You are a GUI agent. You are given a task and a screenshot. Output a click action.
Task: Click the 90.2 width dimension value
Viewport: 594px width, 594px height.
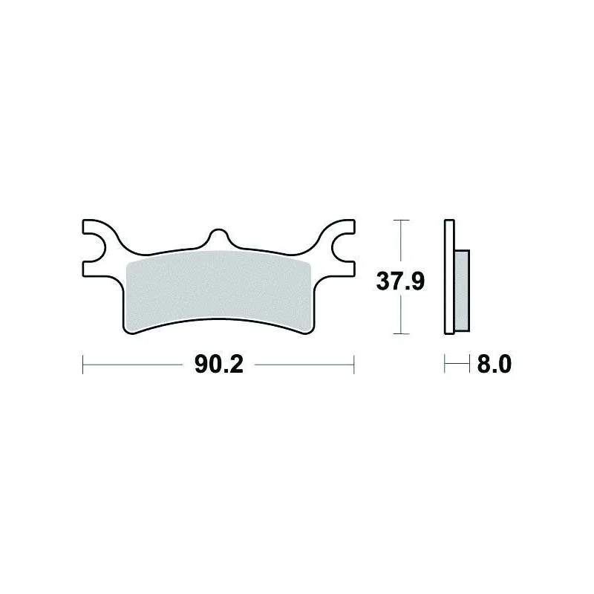(x=219, y=365)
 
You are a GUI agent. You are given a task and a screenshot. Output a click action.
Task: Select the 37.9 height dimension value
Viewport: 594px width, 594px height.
(x=400, y=281)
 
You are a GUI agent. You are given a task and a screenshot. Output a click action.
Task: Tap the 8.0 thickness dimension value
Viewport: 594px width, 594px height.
(x=494, y=364)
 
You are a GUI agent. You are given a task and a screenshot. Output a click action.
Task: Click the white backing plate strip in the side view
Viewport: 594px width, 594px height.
(x=449, y=277)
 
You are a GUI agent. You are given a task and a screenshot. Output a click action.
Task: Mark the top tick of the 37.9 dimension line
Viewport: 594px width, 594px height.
(x=401, y=220)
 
